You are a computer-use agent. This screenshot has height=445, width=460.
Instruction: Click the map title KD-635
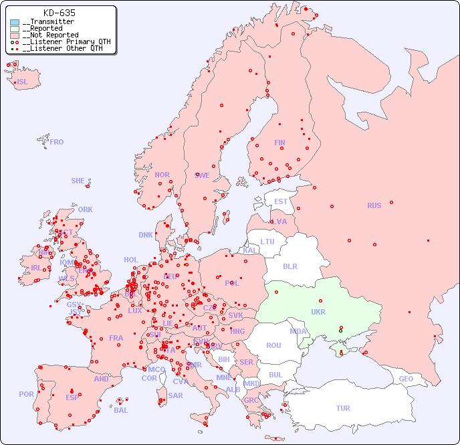coord(59,13)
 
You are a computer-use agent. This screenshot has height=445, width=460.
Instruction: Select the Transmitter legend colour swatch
coord(15,22)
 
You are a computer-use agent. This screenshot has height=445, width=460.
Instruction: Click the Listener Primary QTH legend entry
coord(61,41)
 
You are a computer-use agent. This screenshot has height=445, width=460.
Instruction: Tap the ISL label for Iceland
coord(22,82)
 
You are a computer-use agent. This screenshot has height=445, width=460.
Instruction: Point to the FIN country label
coord(279,143)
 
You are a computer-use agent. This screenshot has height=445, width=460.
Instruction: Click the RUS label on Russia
coord(374,205)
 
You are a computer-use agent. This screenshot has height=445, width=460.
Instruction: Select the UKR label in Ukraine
coord(318,312)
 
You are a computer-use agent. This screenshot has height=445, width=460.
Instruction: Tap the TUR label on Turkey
coord(343,408)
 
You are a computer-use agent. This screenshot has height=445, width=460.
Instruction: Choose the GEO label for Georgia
coord(406,379)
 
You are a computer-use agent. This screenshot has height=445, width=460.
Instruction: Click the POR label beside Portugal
coord(26,394)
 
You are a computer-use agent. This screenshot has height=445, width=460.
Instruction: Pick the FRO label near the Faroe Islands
coord(56,142)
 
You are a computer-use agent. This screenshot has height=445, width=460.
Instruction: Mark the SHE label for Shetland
coord(78,181)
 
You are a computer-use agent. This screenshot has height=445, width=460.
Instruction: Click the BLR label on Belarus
coord(290,266)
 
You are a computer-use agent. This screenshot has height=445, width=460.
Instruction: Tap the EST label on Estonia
coord(281,201)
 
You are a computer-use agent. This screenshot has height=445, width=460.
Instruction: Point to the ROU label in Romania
coord(273,345)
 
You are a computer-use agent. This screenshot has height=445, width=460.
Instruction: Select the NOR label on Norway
coord(162,175)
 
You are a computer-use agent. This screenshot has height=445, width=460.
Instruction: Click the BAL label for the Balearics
coord(120,410)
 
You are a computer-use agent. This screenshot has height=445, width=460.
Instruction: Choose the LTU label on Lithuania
coord(267,242)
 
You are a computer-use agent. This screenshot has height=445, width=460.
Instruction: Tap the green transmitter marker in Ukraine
coord(340,331)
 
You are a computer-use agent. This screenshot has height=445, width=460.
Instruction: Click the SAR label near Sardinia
coord(175,395)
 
